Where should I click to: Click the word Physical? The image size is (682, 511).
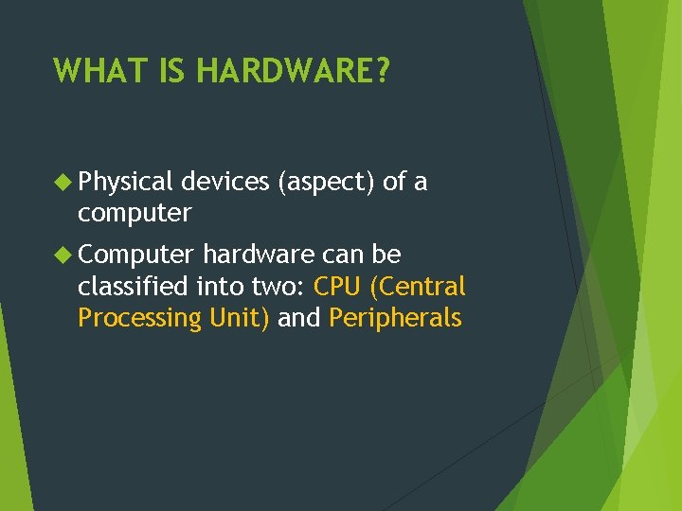pyautogui.click(x=125, y=181)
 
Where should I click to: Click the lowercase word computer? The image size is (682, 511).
pyautogui.click(x=135, y=213)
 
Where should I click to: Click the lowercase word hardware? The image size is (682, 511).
pyautogui.click(x=259, y=255)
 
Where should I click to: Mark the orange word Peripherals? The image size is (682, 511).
pyautogui.click(x=395, y=318)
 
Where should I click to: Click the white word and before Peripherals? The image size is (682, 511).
pyautogui.click(x=299, y=318)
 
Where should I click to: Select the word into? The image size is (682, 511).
pyautogui.click(x=221, y=286)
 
